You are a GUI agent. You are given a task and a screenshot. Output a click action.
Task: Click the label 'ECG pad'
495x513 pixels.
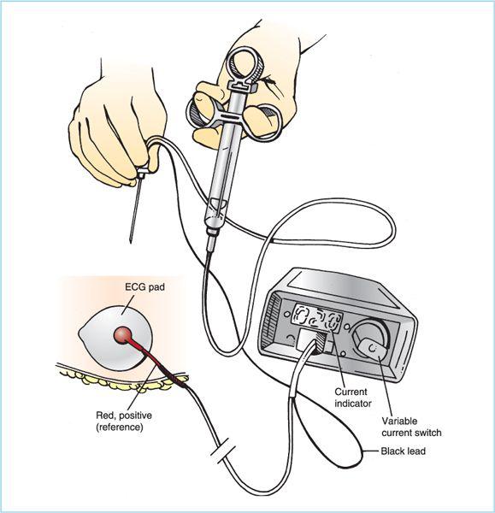[145, 287]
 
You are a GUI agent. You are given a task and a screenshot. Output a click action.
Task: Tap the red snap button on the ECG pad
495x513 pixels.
[123, 334]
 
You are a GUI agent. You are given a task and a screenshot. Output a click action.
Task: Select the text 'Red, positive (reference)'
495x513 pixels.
[124, 421]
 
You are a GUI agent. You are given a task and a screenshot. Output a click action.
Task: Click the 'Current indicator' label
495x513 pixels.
[353, 398]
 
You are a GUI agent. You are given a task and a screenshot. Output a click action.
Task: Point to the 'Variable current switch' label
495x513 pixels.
[411, 427]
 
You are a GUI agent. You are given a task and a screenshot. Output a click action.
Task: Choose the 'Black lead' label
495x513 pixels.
[403, 451]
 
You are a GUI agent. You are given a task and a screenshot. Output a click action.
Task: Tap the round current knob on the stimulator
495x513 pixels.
[370, 340]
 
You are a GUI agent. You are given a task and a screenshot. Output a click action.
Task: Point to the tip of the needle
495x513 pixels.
[131, 243]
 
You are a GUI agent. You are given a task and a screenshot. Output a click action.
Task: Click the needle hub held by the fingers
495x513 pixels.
[142, 173]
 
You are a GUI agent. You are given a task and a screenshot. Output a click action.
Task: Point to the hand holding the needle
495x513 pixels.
[118, 131]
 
